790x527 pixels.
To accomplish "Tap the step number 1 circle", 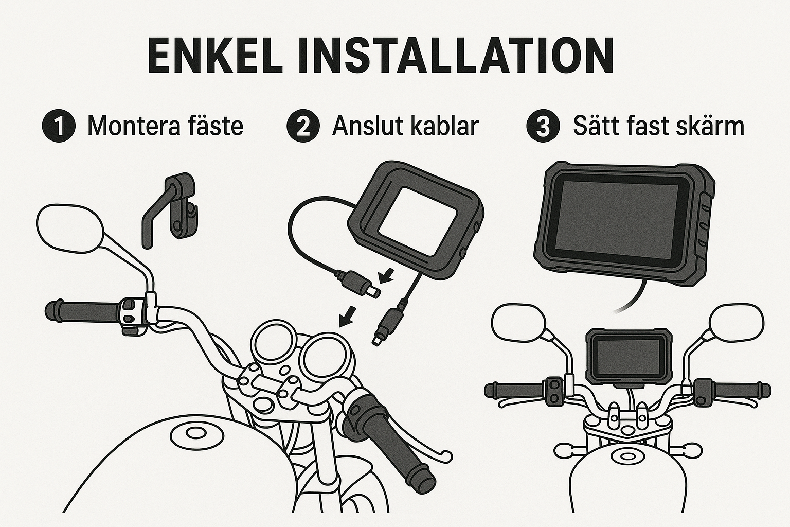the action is point(59,126).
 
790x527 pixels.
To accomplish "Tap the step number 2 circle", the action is point(303,126).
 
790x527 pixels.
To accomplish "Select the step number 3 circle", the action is point(543,126).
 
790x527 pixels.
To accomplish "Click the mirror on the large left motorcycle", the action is point(69,229).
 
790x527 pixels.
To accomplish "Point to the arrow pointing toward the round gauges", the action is point(347,317).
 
